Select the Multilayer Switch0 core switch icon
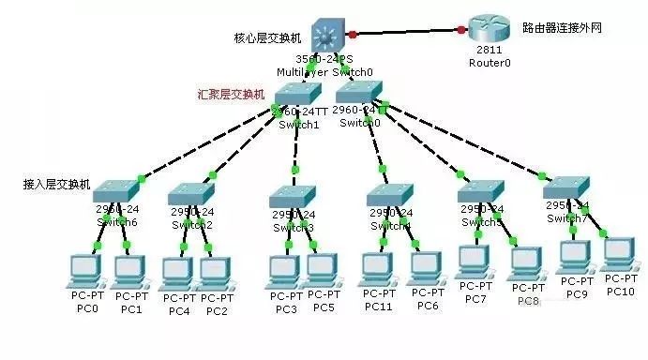pyautogui.click(x=328, y=35)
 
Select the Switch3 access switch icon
pyautogui.click(x=294, y=197)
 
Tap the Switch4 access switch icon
pyautogui.click(x=390, y=195)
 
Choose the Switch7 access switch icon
pyautogui.click(x=567, y=186)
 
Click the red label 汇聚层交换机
pyautogui.click(x=231, y=95)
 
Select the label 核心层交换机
pyautogui.click(x=267, y=38)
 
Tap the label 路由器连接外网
pyautogui.click(x=560, y=29)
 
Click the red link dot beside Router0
pyautogui.click(x=461, y=31)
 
